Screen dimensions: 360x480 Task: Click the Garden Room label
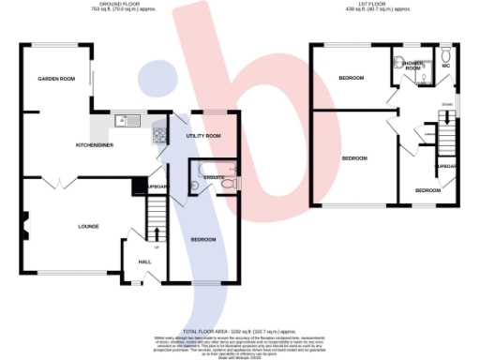click(56, 80)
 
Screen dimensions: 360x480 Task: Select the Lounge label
click(89, 226)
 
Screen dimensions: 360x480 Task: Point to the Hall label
click(145, 262)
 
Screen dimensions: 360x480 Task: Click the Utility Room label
click(203, 137)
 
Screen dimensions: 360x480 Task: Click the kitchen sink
click(125, 120)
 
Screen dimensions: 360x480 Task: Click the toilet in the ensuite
click(230, 183)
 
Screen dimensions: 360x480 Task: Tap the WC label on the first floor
click(446, 66)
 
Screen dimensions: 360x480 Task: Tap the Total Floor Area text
click(240, 331)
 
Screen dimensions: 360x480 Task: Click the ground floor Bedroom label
click(203, 239)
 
